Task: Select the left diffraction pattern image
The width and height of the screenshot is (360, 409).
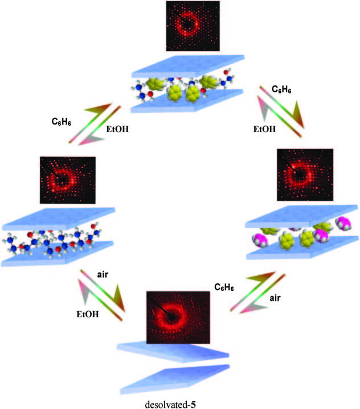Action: (68, 179)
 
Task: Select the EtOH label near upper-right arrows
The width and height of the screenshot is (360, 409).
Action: (264, 129)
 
